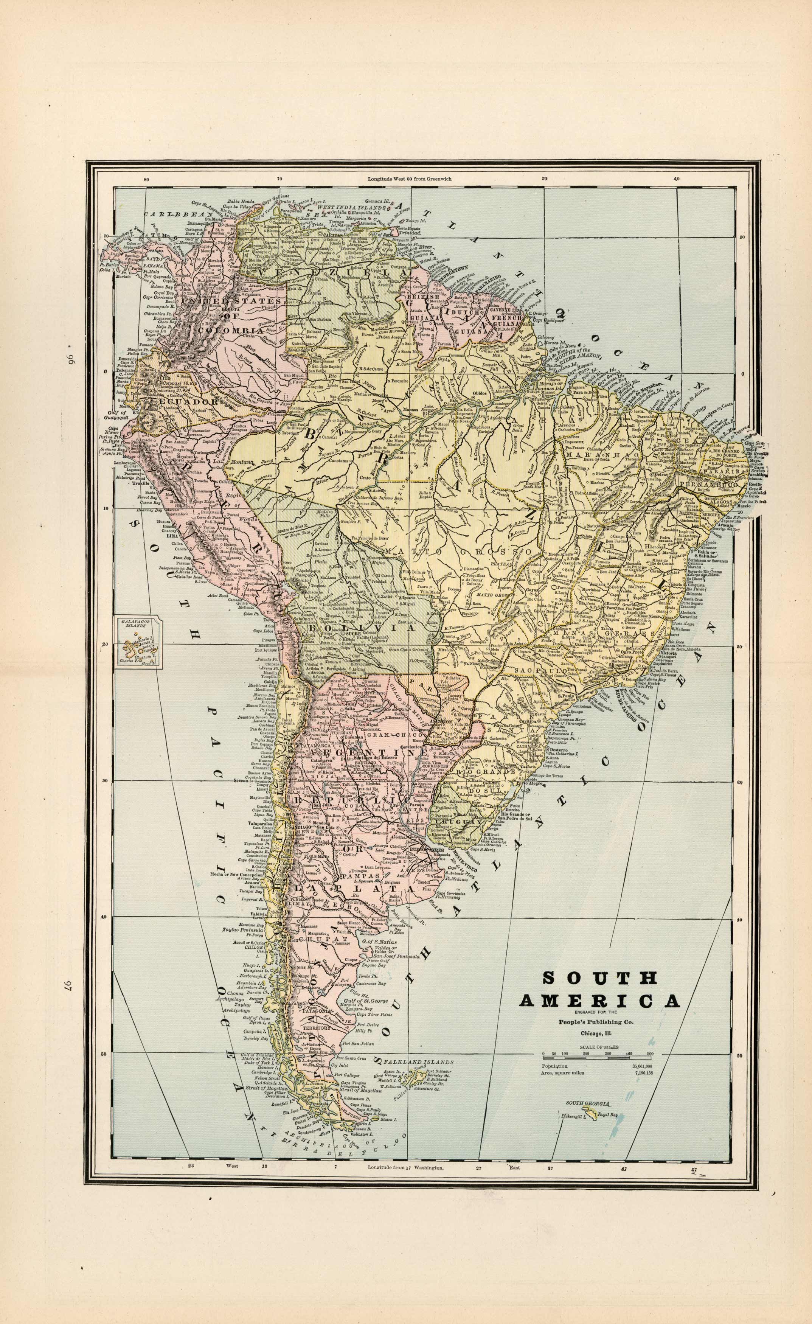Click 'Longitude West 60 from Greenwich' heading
coord(410,178)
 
